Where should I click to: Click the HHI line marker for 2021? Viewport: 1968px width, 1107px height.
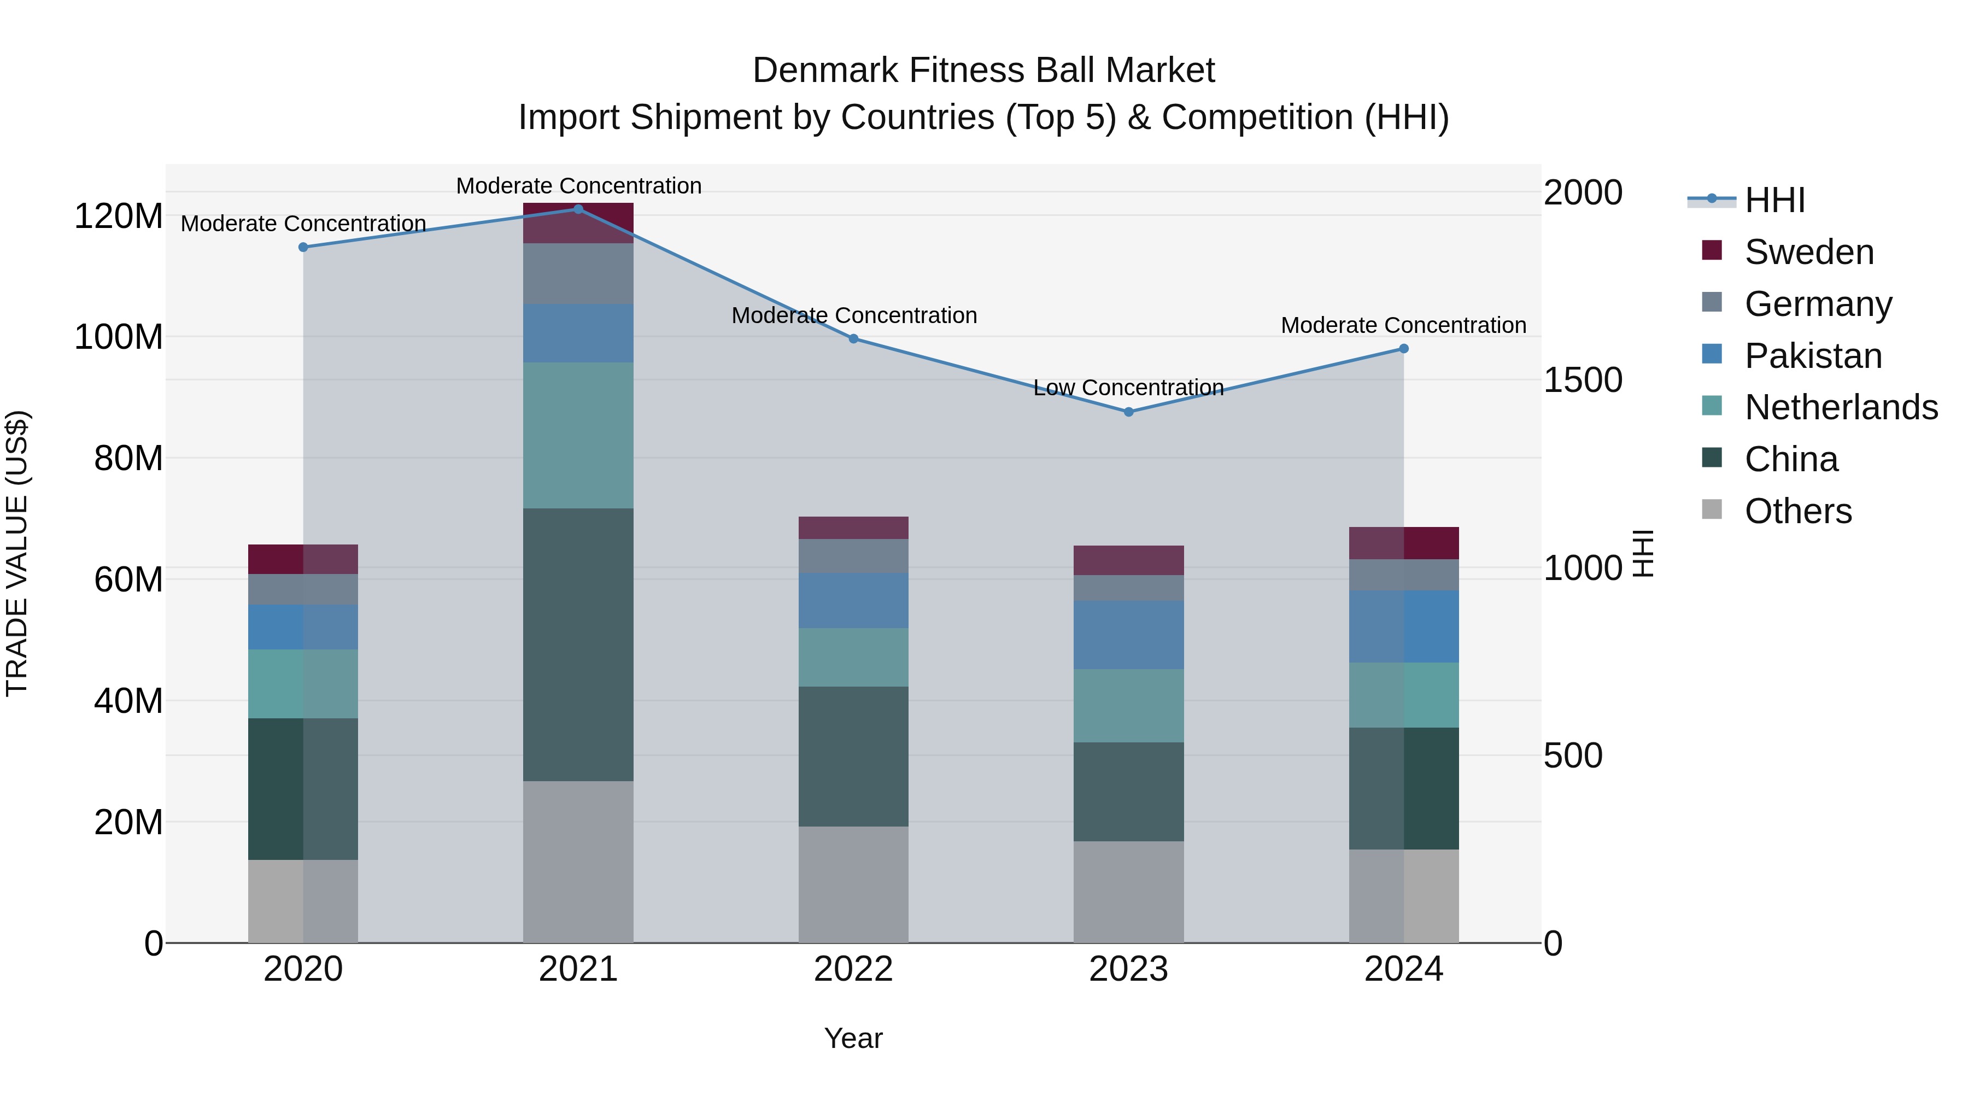[578, 209]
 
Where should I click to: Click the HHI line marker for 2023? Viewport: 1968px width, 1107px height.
[1128, 412]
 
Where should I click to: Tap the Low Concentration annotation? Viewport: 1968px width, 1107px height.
[1128, 388]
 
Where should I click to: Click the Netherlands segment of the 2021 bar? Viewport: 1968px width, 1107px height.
[578, 436]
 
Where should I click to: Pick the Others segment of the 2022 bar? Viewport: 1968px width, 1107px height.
[853, 884]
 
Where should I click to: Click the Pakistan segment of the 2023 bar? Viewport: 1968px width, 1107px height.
[1128, 635]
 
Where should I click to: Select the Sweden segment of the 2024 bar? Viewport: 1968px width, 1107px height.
[1403, 543]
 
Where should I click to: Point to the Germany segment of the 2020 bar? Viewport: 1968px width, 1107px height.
[303, 589]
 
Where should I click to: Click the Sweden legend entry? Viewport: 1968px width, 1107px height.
[1809, 252]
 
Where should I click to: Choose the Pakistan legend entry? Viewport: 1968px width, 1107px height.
[1813, 356]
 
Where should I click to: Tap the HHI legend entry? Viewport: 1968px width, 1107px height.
[1774, 200]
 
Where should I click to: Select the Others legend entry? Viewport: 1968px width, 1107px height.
[1797, 511]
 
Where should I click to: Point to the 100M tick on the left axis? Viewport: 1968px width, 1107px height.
[119, 337]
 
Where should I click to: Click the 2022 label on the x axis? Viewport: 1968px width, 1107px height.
[853, 969]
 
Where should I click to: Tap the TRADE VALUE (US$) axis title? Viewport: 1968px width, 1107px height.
[17, 553]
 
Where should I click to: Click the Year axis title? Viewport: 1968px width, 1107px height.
[853, 1038]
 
